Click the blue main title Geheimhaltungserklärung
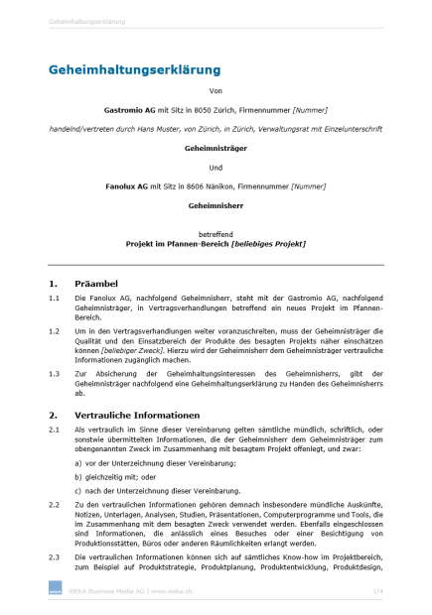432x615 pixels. pos(134,69)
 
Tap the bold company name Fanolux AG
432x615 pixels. pos(126,185)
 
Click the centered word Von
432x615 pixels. pos(216,91)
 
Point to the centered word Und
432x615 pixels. pos(216,168)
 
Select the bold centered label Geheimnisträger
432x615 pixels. pos(216,148)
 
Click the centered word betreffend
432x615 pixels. pos(216,233)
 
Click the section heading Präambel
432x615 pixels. pos(96,284)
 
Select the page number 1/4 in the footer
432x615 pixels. pos(377,591)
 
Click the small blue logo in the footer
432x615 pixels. pos(55,591)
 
